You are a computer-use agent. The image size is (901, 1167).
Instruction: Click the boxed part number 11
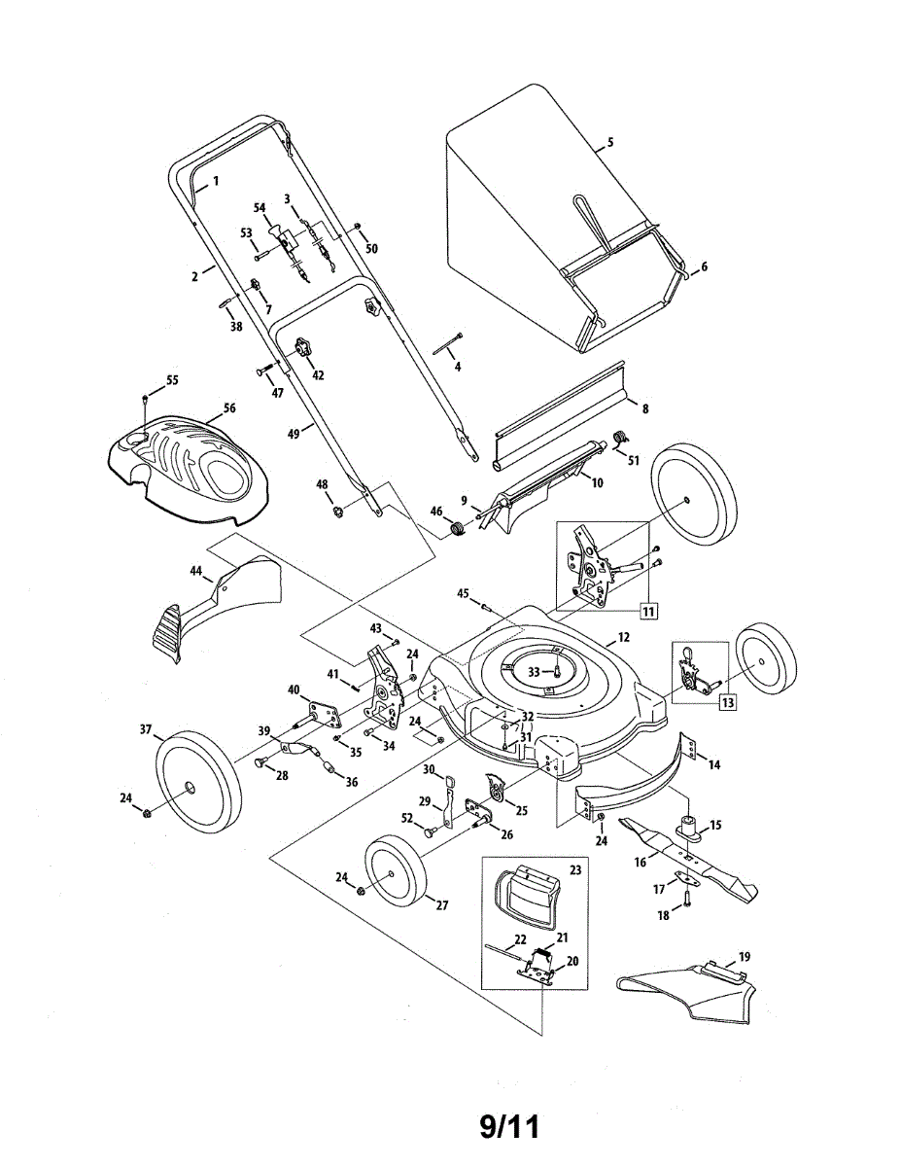coord(648,611)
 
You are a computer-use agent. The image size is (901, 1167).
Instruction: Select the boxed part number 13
coord(727,702)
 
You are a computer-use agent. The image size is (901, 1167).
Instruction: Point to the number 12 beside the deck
coord(624,637)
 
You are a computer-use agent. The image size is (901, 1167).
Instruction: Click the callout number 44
coord(196,572)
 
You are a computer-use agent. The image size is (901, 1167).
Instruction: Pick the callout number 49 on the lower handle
coord(294,434)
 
